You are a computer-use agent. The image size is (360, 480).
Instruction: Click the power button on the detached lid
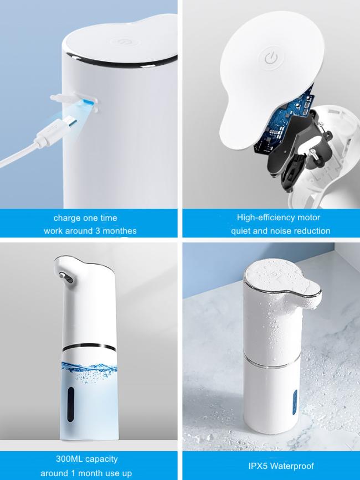[271, 58]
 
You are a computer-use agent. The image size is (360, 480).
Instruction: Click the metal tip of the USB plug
[72, 122]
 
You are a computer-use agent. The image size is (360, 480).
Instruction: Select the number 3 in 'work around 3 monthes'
[97, 230]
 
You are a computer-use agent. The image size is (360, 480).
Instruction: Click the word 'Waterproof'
[292, 466]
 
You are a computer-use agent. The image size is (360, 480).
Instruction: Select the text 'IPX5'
[258, 466]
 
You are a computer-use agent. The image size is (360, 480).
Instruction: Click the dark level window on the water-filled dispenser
[71, 404]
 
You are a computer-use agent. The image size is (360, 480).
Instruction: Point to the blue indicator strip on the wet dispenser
[295, 401]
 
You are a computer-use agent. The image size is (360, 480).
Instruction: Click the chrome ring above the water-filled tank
[89, 347]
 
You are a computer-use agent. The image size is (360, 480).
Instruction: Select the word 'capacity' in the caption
[102, 459]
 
